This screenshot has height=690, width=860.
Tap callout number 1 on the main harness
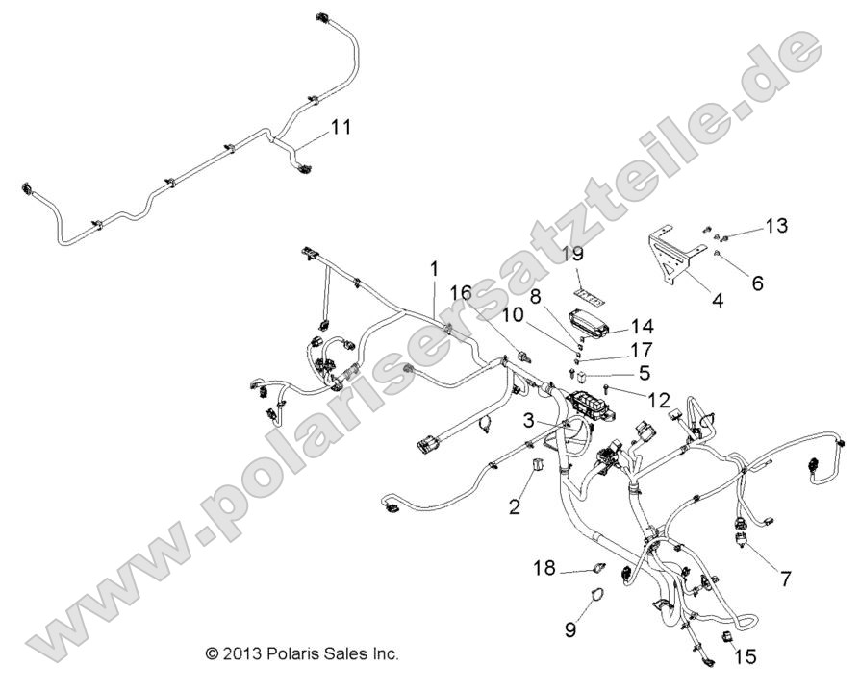[435, 268]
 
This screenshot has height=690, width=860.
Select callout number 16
[461, 291]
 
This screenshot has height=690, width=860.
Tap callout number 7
[785, 579]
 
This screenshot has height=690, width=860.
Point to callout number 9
[569, 629]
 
